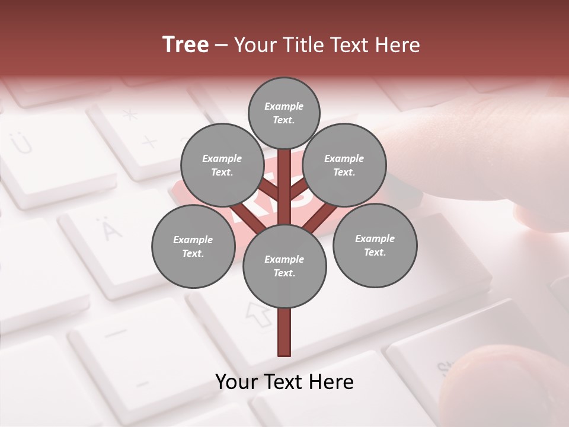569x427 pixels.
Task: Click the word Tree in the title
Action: pyautogui.click(x=186, y=45)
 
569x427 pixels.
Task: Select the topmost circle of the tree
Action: pyautogui.click(x=284, y=113)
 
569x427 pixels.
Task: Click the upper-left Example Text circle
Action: pyautogui.click(x=222, y=165)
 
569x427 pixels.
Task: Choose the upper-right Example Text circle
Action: pyautogui.click(x=344, y=165)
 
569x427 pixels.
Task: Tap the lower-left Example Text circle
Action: pyautogui.click(x=193, y=247)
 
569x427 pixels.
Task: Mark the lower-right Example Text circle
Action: pyautogui.click(x=375, y=246)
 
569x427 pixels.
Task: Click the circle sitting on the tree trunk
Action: pyautogui.click(x=284, y=266)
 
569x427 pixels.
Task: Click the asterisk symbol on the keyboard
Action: pyautogui.click(x=130, y=116)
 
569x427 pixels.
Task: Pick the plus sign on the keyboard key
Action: pyautogui.click(x=149, y=142)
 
